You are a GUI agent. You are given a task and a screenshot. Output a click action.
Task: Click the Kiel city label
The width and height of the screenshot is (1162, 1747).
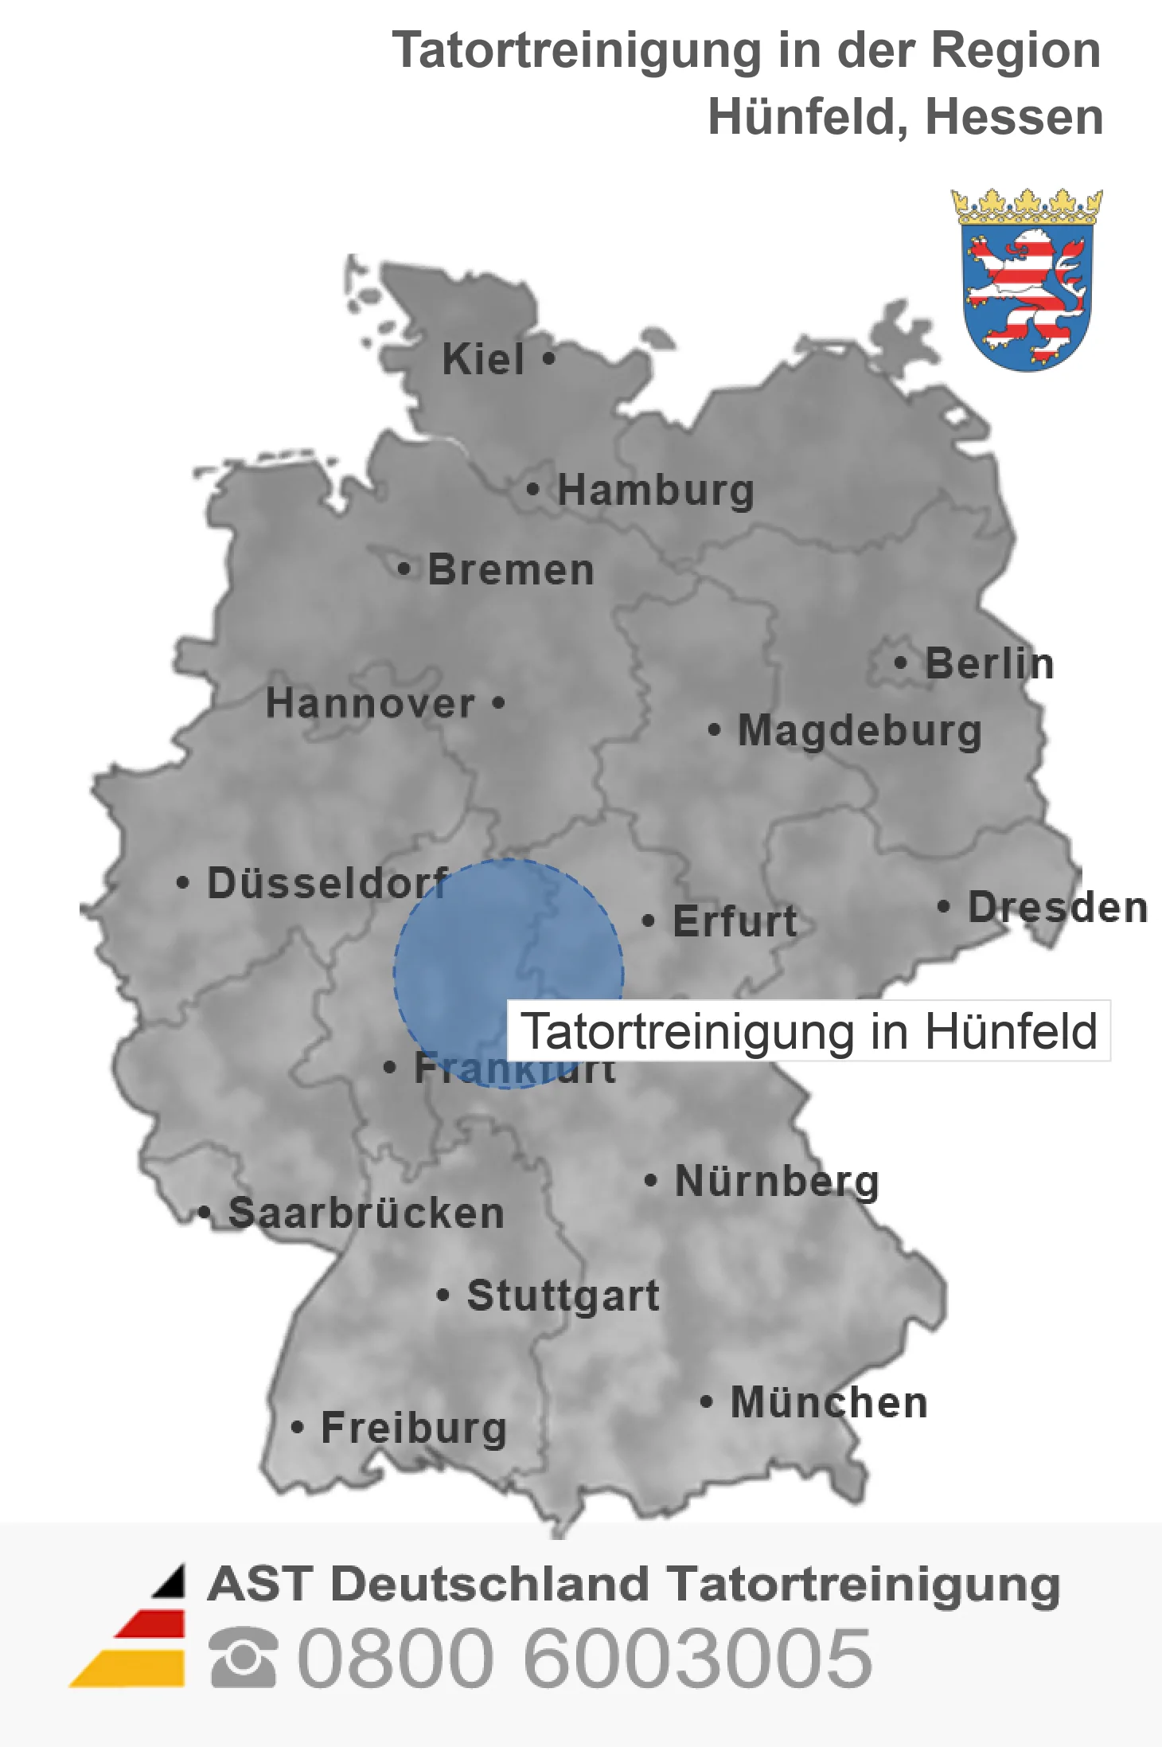pyautogui.click(x=483, y=359)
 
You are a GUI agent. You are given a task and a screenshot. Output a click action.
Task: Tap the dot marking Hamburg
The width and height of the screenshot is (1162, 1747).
pyautogui.click(x=532, y=489)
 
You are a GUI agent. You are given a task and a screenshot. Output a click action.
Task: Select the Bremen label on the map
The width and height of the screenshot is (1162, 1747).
pyautogui.click(x=511, y=570)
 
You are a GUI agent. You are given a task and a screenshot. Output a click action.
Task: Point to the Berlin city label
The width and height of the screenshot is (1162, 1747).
pyautogui.click(x=989, y=663)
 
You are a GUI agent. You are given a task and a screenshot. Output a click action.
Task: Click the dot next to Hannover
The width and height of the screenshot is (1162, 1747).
pyautogui.click(x=498, y=702)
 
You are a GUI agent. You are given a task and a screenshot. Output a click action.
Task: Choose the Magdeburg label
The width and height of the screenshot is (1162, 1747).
pyautogui.click(x=860, y=730)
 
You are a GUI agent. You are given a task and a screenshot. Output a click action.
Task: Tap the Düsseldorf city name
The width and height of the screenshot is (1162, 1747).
pyautogui.click(x=327, y=883)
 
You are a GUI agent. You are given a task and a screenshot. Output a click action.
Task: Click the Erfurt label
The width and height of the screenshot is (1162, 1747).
pyautogui.click(x=735, y=921)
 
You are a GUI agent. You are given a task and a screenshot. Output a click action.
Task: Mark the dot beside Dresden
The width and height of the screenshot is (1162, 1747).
pyautogui.click(x=943, y=906)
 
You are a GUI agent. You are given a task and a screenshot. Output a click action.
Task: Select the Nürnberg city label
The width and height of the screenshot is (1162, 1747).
pyautogui.click(x=777, y=1181)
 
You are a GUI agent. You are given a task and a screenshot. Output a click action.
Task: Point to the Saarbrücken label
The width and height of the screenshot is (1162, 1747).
pyautogui.click(x=366, y=1213)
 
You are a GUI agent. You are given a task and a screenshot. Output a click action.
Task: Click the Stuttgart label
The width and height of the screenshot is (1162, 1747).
pyautogui.click(x=563, y=1296)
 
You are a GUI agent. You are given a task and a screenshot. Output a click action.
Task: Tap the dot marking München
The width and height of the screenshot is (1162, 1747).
pyautogui.click(x=705, y=1401)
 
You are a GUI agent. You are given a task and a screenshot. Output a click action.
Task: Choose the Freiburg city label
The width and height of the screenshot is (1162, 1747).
pyautogui.click(x=414, y=1428)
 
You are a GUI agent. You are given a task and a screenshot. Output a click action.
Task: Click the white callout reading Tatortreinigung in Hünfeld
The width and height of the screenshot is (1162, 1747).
pyautogui.click(x=809, y=1031)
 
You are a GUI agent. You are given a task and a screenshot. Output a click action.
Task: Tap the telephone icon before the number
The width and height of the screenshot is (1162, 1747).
pyautogui.click(x=244, y=1658)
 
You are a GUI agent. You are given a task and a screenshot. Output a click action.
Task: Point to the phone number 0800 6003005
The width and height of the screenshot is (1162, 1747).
pyautogui.click(x=584, y=1658)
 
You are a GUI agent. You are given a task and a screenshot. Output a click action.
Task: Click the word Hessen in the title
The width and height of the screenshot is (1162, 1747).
pyautogui.click(x=1014, y=117)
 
